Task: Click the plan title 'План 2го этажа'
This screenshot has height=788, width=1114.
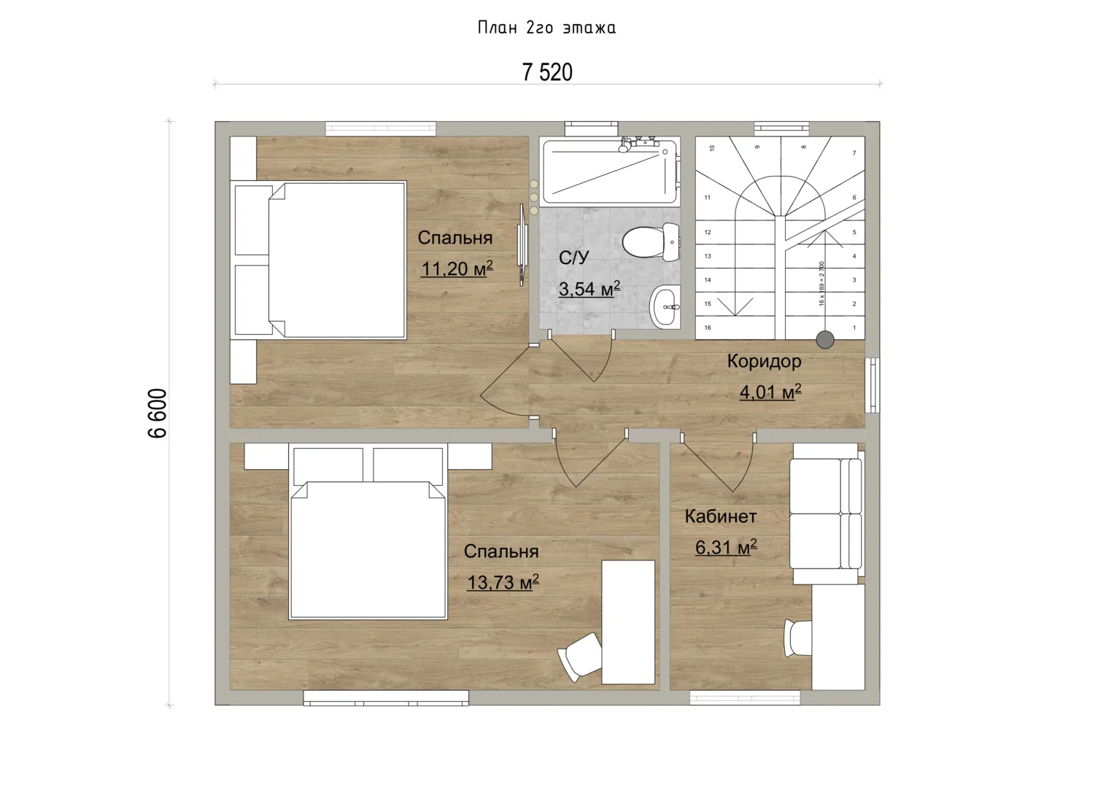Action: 546,28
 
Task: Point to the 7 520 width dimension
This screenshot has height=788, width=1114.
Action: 547,72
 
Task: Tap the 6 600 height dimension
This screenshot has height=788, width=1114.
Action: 158,413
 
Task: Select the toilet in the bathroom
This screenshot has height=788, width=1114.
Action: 651,242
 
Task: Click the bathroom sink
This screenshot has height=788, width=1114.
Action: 665,306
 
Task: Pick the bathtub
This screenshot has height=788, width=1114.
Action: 610,172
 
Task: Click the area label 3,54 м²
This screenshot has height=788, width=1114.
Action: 589,288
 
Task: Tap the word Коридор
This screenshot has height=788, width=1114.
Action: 764,362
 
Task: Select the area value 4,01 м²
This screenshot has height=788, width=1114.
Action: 770,392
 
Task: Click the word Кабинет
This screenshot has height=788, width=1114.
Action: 721,517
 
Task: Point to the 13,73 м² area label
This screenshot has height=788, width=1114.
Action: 503,582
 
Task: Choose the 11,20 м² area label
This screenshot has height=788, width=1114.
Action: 457,269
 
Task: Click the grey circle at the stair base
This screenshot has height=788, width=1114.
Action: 825,340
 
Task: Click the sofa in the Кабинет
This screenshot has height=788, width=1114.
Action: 827,514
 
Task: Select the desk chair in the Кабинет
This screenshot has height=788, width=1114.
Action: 797,638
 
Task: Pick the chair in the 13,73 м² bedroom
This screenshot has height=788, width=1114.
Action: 579,657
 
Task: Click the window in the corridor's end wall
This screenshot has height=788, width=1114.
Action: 873,385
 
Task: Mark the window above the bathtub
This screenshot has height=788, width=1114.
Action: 592,128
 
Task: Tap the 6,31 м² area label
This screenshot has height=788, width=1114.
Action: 726,547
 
